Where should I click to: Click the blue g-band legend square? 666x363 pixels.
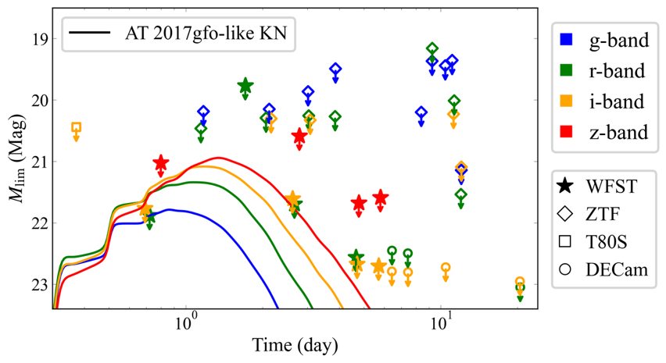click(x=569, y=39)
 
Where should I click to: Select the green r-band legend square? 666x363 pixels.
click(x=569, y=70)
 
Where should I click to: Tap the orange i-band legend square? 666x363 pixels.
click(x=569, y=101)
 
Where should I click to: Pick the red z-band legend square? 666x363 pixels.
click(x=569, y=132)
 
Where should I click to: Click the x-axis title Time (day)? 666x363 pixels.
click(x=295, y=343)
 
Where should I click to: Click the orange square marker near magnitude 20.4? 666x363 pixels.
click(x=76, y=127)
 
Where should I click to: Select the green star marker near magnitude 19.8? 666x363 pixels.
click(x=245, y=86)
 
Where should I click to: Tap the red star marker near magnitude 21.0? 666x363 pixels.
click(x=160, y=162)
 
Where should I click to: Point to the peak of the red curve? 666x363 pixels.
click(x=219, y=158)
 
